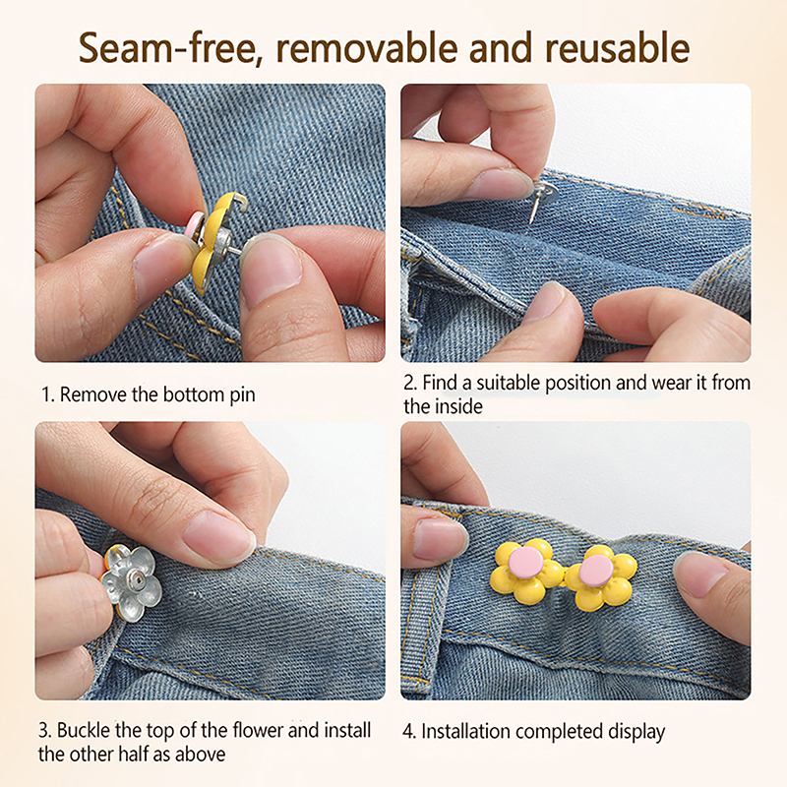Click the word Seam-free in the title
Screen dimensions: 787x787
tap(170, 48)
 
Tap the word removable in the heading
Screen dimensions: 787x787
tap(367, 48)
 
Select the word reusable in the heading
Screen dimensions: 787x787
tap(618, 48)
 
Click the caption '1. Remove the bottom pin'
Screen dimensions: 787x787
tap(149, 395)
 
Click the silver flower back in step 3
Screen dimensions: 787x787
tap(132, 583)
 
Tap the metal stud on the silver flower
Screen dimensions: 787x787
tap(135, 580)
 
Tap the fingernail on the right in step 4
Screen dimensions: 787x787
tap(697, 574)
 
